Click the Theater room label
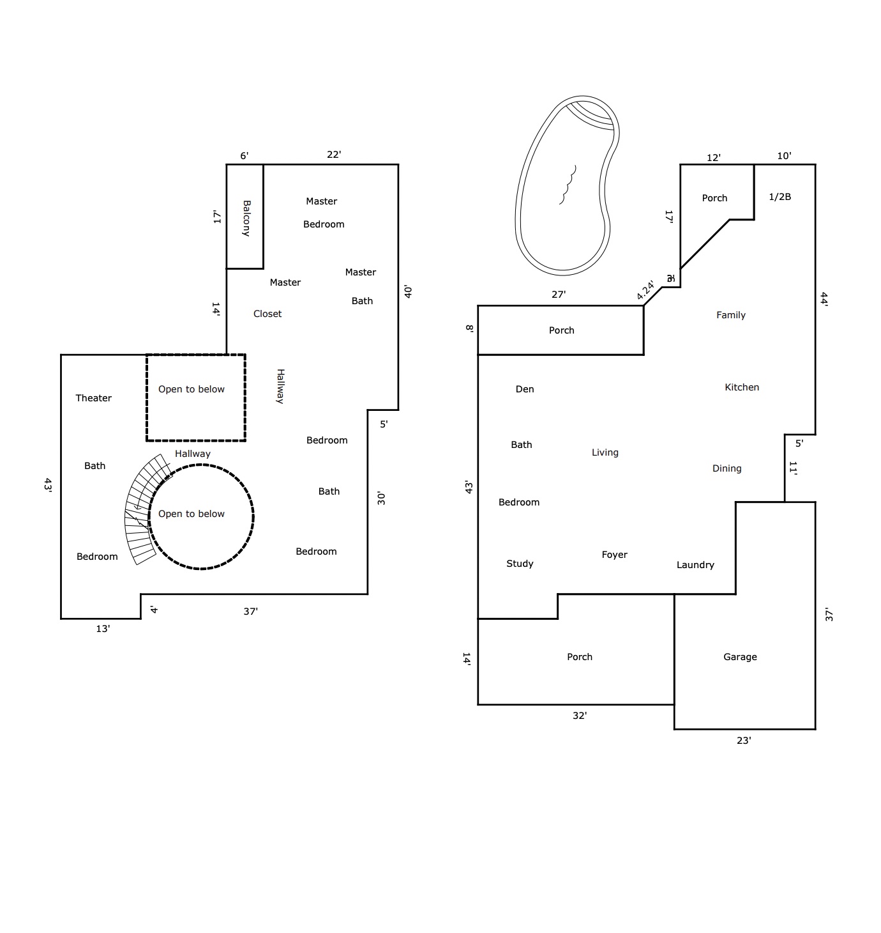pos(93,397)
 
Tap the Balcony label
pos(246,218)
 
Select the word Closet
pos(267,314)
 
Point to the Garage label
pos(740,657)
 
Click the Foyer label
pos(614,555)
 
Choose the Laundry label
pos(695,565)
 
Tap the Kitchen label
pos(742,387)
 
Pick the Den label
pos(524,389)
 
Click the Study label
pos(520,563)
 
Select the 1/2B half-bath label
pos(779,196)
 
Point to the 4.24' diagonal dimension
pos(645,290)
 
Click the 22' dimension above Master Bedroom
pos(334,154)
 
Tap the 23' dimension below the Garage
pos(744,740)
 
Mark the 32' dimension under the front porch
pos(580,715)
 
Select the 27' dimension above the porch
pos(559,294)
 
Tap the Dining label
pos(727,468)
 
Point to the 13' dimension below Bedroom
pos(103,628)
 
